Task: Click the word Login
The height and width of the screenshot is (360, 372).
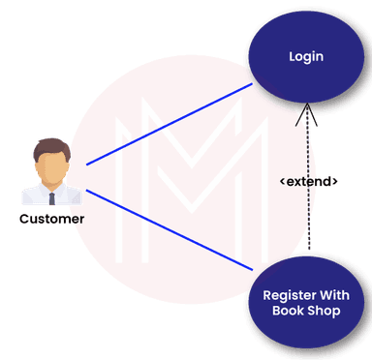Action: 305,57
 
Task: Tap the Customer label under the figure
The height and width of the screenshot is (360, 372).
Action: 50,219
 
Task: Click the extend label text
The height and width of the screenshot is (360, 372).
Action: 309,181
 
